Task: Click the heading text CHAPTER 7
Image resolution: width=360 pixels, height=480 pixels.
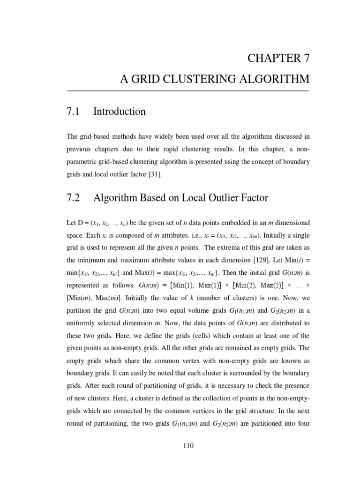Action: pos(277,59)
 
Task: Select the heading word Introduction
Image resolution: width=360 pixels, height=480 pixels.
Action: pos(120,112)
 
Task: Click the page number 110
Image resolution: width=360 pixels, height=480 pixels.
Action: pos(188,445)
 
